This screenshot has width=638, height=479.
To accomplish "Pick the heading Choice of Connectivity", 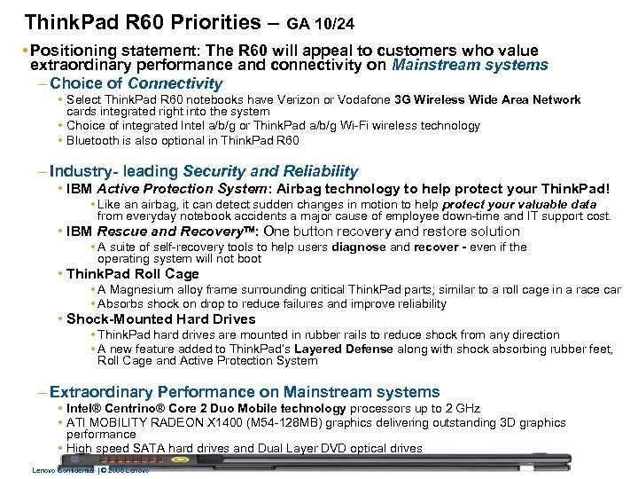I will tap(136, 83).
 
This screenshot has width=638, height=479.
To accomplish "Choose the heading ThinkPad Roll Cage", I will tap(133, 274).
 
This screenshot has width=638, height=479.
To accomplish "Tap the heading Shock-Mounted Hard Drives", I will tap(160, 318).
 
